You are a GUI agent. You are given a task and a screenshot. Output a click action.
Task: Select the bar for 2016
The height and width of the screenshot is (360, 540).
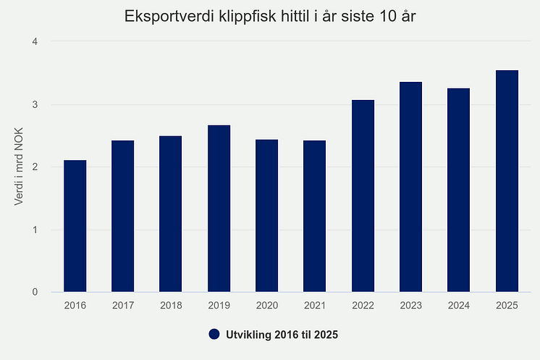(75, 226)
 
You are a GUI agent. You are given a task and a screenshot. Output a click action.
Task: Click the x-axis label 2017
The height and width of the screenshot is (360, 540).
(122, 306)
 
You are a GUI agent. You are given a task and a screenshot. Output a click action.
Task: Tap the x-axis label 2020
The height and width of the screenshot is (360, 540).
(266, 306)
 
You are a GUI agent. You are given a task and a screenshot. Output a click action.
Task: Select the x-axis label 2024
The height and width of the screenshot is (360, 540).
(458, 306)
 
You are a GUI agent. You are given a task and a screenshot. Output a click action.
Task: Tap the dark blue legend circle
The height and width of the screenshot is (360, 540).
(214, 335)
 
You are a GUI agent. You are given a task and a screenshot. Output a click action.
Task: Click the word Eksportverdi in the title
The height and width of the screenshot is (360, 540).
(164, 16)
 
